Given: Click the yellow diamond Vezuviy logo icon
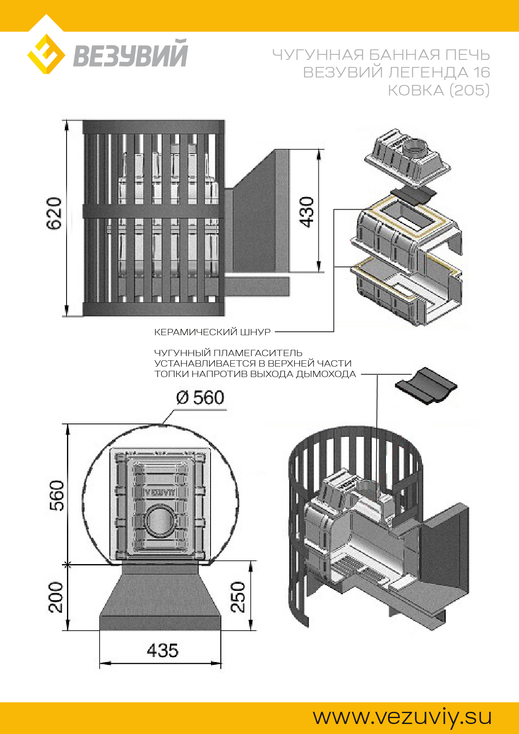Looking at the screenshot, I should pos(46,54).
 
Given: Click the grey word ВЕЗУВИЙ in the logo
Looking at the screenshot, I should pos(131,54).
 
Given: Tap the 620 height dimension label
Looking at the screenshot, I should pos(54,213).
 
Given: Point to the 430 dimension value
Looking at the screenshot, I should pos(307,212).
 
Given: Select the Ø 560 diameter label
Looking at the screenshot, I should pos(200,398).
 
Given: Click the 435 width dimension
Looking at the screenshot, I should pos(162,651).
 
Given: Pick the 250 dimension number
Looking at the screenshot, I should pos(238,597).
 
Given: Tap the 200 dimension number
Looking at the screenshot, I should pos(56,597).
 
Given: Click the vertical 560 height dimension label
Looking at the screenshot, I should pos(57,495).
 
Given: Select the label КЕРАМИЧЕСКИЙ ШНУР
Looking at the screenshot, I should pos(212,332).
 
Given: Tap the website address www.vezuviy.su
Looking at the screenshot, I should pos(402,716).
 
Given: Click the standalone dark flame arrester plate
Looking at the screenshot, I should pos(426,385).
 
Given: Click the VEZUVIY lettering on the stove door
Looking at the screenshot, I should pos(160,492).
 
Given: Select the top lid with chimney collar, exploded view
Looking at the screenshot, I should pos(408,157).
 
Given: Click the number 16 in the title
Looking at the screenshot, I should pos(482,72).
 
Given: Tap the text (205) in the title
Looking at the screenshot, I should pos(469,90).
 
